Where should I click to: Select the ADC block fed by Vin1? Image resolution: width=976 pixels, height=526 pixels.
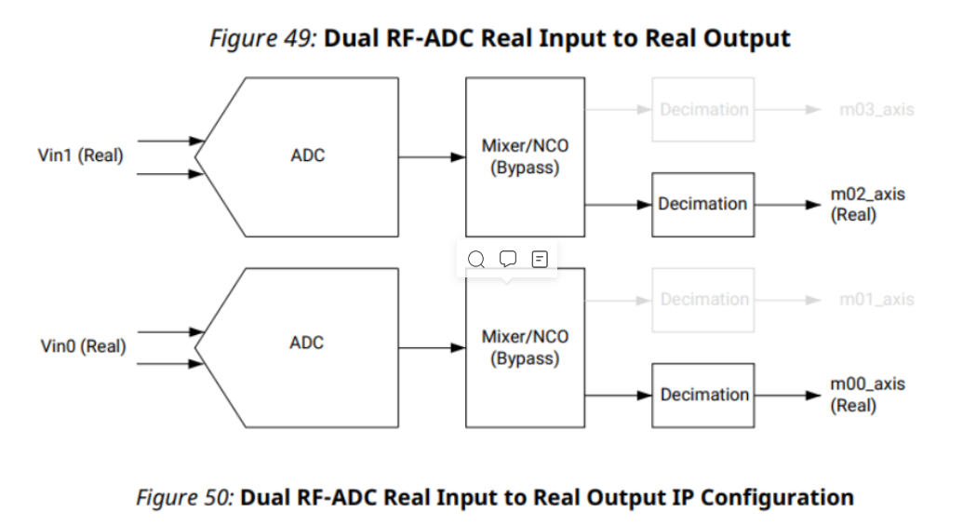[x=307, y=155]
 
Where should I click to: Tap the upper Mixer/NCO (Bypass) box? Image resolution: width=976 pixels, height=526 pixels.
[x=526, y=155]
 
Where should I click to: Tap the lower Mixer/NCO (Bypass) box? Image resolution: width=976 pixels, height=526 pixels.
[x=526, y=346]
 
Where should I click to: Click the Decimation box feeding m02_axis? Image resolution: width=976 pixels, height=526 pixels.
[x=702, y=204]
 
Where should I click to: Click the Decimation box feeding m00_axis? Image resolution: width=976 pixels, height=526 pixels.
[x=703, y=395]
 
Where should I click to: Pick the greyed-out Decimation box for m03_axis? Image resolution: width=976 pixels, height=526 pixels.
[x=703, y=110]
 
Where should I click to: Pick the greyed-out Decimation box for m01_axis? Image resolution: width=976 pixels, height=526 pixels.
[x=703, y=300]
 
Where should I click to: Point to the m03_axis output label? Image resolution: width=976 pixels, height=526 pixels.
[x=876, y=110]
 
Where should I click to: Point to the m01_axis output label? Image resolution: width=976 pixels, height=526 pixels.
[x=876, y=300]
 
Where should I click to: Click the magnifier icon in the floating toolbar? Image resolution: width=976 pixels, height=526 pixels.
[x=476, y=259]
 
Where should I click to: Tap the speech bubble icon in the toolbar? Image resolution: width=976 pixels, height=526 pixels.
[x=508, y=258]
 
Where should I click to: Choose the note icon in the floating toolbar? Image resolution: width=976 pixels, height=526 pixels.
[x=539, y=258]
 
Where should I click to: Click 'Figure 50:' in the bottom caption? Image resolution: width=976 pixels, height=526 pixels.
[x=185, y=497]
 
